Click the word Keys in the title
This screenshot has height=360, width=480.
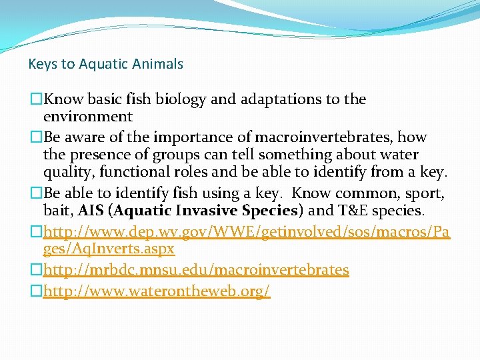(42, 65)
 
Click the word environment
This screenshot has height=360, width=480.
(88, 117)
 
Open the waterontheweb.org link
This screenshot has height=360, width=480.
(157, 291)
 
